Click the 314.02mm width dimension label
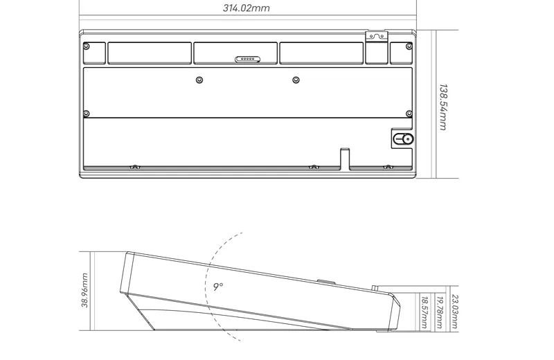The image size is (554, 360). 247,8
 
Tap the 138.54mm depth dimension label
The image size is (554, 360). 443,107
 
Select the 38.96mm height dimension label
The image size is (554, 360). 84,290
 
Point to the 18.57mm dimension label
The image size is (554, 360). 425,312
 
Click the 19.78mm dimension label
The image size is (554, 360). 440,312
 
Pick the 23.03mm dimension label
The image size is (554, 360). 455,312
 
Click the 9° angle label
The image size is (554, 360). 218,287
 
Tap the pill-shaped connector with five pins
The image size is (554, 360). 247,59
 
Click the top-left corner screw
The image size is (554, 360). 86,46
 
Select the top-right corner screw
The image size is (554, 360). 409,46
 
